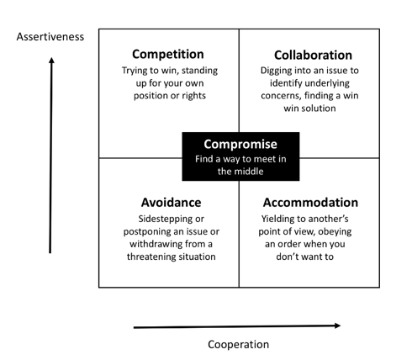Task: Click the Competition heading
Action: pyautogui.click(x=168, y=55)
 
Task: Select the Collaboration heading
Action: pyautogui.click(x=313, y=56)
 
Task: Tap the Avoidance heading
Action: pyautogui.click(x=171, y=203)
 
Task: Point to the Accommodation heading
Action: pyautogui.click(x=310, y=203)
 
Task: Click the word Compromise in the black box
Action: pyautogui.click(x=240, y=145)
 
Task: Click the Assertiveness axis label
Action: pyautogui.click(x=50, y=37)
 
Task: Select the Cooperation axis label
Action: pyautogui.click(x=239, y=344)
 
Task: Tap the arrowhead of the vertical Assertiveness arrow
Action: pyautogui.click(x=51, y=60)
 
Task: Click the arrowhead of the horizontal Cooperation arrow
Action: pyautogui.click(x=337, y=326)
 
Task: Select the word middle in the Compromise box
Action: pyautogui.click(x=249, y=172)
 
